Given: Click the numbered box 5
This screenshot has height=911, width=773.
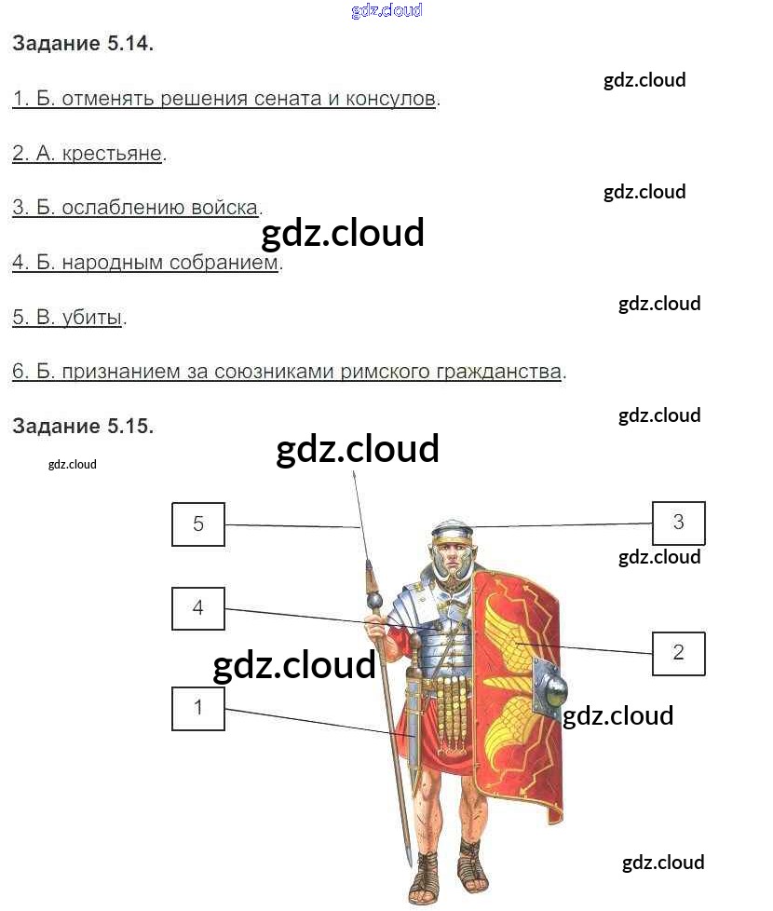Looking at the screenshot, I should pyautogui.click(x=198, y=523).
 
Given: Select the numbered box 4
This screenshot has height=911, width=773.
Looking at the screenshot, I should pyautogui.click(x=198, y=608).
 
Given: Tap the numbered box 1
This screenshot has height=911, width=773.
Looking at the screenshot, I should pyautogui.click(x=198, y=708).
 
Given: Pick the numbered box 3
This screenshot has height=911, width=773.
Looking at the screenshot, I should pyautogui.click(x=678, y=523).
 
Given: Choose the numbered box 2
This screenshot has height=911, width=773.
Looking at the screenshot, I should pyautogui.click(x=678, y=652).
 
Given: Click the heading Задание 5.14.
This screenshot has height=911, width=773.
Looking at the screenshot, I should pyautogui.click(x=83, y=44).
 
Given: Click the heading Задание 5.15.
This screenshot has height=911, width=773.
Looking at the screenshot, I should pyautogui.click(x=83, y=426).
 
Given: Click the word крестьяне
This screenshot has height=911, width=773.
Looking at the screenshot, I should pyautogui.click(x=112, y=154).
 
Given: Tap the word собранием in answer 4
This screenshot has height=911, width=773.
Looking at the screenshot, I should pyautogui.click(x=224, y=263).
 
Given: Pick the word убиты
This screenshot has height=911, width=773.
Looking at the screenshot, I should pyautogui.click(x=92, y=317).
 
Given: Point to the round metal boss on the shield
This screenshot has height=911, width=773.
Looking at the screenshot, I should pyautogui.click(x=551, y=691).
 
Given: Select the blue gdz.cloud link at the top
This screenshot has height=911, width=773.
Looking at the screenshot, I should pyautogui.click(x=386, y=10).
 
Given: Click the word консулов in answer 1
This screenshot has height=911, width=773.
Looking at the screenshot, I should pyautogui.click(x=391, y=99).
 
